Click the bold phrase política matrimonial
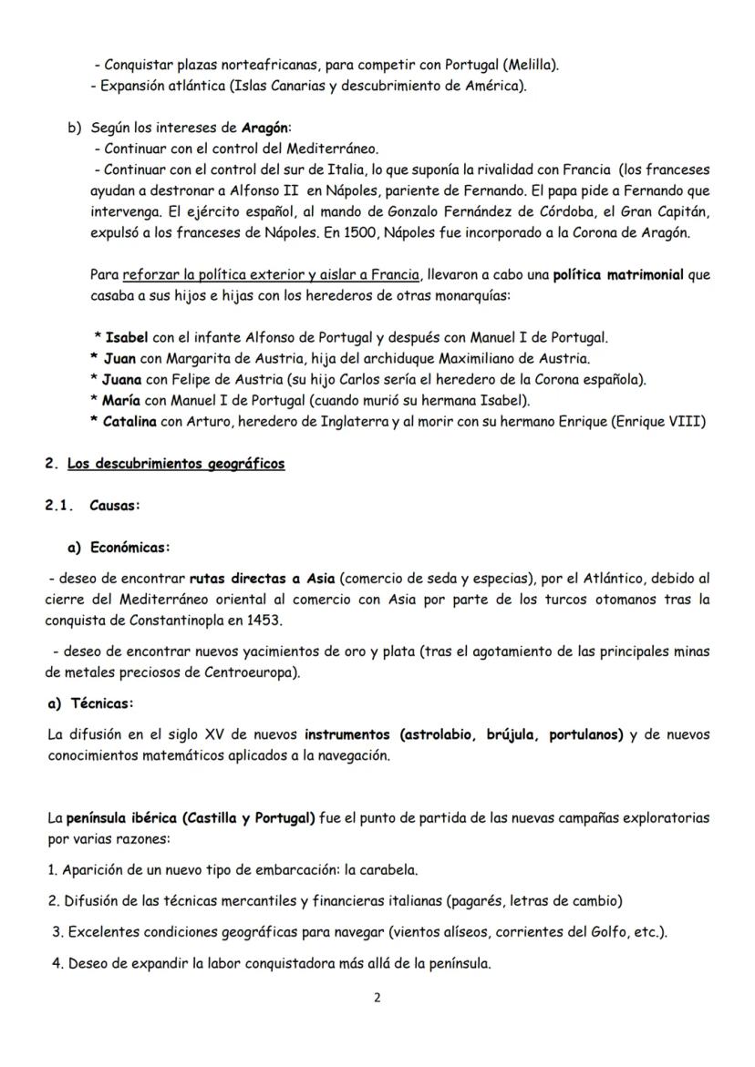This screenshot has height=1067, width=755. tap(618, 274)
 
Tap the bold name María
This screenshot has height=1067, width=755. tap(121, 400)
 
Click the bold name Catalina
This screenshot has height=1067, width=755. tap(129, 421)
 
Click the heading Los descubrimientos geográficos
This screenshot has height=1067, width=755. tap(176, 464)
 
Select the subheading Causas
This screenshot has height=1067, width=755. tap(115, 505)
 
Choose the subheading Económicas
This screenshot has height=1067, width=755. tap(129, 548)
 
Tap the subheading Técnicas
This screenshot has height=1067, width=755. tap(102, 704)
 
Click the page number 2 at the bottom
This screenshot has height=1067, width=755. tap(377, 997)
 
